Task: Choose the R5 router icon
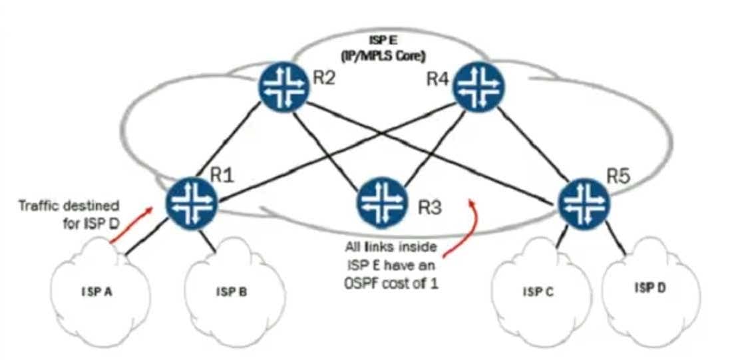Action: click(x=583, y=202)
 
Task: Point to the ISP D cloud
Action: click(x=653, y=287)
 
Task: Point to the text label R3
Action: click(x=430, y=207)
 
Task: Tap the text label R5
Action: click(x=618, y=177)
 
